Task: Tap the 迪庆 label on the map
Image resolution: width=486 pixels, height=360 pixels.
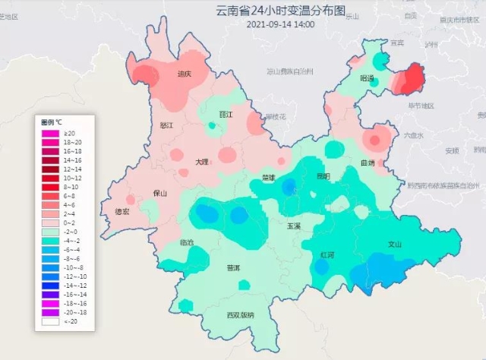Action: (x=184, y=74)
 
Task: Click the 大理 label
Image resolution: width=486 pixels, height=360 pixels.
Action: (x=201, y=162)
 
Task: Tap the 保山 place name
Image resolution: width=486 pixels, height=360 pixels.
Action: (x=159, y=194)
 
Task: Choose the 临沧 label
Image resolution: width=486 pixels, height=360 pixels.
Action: (x=186, y=242)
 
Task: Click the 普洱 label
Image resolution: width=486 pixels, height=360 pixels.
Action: (x=233, y=268)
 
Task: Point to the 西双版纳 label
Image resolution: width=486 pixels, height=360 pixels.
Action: (x=240, y=314)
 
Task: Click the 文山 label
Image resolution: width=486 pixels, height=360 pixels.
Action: (x=394, y=245)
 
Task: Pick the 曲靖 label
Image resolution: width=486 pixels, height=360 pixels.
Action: (x=368, y=163)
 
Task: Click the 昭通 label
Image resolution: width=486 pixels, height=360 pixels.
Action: (x=368, y=78)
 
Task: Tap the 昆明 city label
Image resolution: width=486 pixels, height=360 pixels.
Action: (x=323, y=176)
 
